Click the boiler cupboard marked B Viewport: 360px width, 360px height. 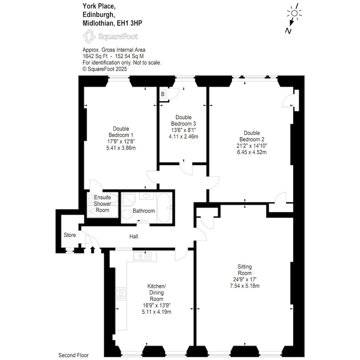(163, 94)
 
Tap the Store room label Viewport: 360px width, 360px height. (70, 235)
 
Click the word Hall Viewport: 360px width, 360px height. (134, 236)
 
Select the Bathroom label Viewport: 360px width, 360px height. (144, 211)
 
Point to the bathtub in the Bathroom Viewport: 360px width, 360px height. (164, 208)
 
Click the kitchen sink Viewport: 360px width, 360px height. (142, 256)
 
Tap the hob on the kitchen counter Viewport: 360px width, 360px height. (121, 294)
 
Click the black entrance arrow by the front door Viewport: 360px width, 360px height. (93, 250)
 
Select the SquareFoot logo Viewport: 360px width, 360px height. (110, 36)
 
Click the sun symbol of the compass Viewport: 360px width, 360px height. (294, 13)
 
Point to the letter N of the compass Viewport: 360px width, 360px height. (288, 31)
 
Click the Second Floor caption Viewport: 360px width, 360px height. (74, 355)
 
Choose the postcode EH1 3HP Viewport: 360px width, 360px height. (130, 23)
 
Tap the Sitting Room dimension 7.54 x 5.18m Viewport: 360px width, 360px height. (244, 286)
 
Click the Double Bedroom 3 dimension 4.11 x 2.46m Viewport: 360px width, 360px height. (184, 137)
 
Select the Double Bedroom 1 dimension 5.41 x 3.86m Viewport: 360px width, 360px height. (121, 148)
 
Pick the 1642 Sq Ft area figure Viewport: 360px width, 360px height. (95, 56)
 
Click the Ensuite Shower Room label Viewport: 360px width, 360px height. (102, 204)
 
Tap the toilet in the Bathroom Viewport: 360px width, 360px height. (127, 215)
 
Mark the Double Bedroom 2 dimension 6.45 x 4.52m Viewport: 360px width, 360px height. (252, 152)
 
